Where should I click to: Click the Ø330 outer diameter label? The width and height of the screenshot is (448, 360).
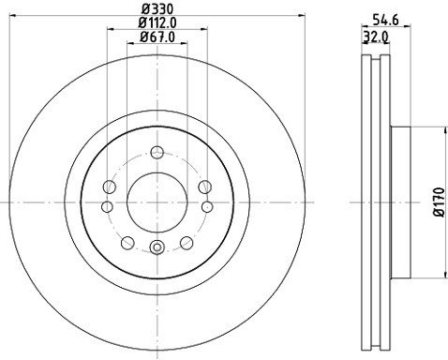tap(157, 7)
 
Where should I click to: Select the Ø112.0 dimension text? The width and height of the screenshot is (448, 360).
tap(157, 22)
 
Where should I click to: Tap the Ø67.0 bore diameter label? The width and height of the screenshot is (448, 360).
tap(157, 37)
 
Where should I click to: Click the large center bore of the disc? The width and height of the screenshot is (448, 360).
tap(157, 201)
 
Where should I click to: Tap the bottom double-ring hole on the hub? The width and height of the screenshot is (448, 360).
tap(157, 247)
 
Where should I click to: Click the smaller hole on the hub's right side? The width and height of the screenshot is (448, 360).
tap(207, 205)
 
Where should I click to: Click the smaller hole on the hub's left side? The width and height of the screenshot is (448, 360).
tap(107, 205)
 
